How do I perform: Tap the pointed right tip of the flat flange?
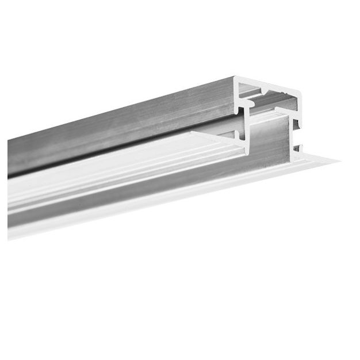(337, 161)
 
